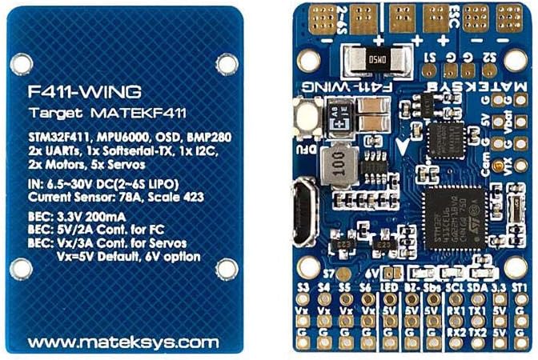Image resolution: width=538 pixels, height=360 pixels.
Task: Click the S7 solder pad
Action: tap(326, 272)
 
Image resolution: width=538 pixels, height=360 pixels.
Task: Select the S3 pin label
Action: tap(304, 286)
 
